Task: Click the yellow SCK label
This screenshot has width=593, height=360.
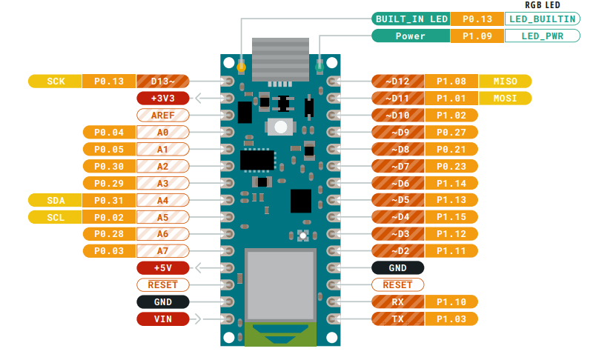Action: pyautogui.click(x=55, y=81)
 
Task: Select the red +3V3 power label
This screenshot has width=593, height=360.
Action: pyautogui.click(x=162, y=98)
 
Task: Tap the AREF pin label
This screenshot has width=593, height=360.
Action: pyautogui.click(x=162, y=115)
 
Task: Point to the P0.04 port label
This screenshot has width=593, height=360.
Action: pyautogui.click(x=109, y=132)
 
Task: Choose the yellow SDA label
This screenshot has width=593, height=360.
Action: pyautogui.click(x=55, y=200)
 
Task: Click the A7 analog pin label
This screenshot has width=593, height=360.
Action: pyautogui.click(x=162, y=250)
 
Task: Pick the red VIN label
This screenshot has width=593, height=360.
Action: pyautogui.click(x=162, y=319)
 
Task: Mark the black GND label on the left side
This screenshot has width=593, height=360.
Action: pyautogui.click(x=162, y=301)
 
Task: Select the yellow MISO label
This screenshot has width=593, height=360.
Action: pyautogui.click(x=505, y=81)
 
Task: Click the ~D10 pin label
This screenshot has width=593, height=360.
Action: pyautogui.click(x=397, y=115)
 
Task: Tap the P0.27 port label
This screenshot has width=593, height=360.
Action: pyautogui.click(x=451, y=132)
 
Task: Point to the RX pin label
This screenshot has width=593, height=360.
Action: pyautogui.click(x=397, y=301)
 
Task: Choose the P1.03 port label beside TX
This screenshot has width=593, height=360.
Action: pyautogui.click(x=451, y=319)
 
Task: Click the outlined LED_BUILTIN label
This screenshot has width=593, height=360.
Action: pyautogui.click(x=543, y=19)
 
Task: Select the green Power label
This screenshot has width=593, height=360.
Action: pyautogui.click(x=411, y=36)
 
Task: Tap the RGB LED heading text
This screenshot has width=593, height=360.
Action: pyautogui.click(x=542, y=4)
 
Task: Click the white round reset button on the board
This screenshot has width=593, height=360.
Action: pyautogui.click(x=280, y=127)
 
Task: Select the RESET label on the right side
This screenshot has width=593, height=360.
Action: pyautogui.click(x=397, y=284)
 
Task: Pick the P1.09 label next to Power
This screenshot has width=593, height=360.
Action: pyautogui.click(x=477, y=36)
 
